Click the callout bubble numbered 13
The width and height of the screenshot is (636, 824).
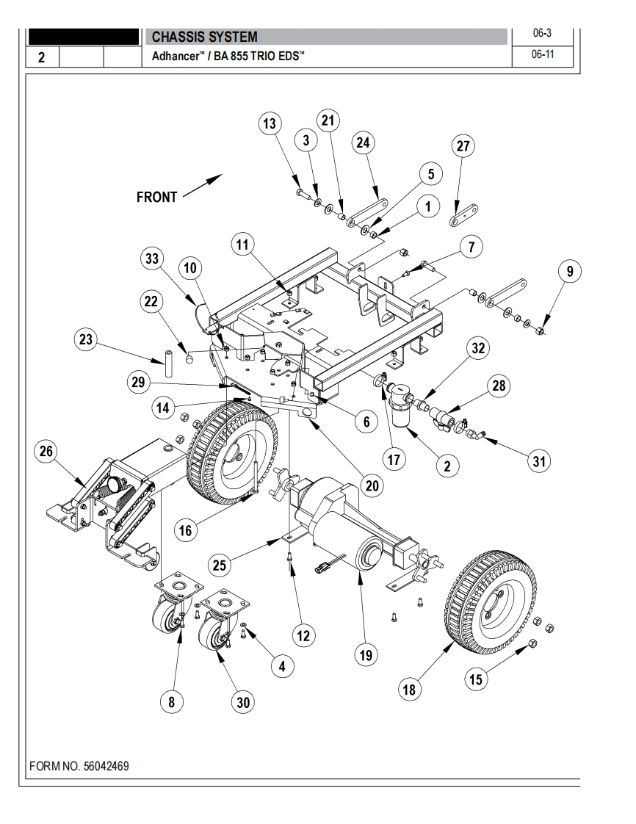270,123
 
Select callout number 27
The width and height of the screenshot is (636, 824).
463,146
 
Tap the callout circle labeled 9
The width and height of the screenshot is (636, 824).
568,272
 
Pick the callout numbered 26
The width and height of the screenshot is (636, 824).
45,452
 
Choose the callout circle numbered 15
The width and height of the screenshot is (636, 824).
476,679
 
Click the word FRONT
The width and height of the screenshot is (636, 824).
156,197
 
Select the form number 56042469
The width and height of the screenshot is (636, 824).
79,766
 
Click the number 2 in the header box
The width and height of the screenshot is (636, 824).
42,57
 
